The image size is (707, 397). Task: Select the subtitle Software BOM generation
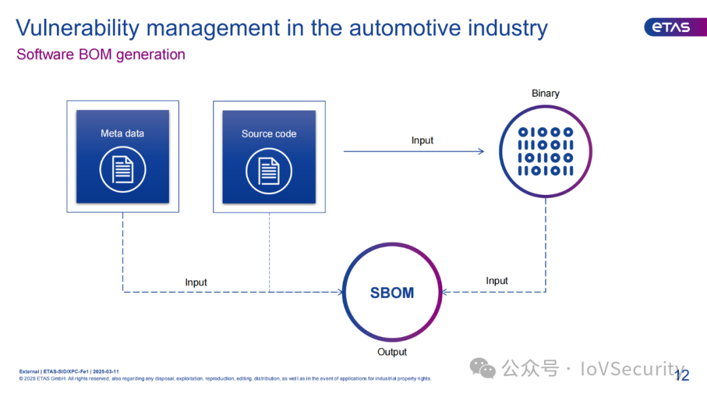pyautogui.click(x=101, y=55)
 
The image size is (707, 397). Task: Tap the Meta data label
pyautogui.click(x=122, y=133)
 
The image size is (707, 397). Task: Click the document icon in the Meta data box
pyautogui.click(x=122, y=169)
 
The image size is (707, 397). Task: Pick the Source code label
pyautogui.click(x=269, y=133)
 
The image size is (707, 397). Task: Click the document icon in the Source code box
pyautogui.click(x=269, y=171)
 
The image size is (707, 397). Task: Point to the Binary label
pyautogui.click(x=545, y=94)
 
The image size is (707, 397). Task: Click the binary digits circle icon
pyautogui.click(x=545, y=152)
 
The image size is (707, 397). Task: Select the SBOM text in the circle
pyautogui.click(x=392, y=293)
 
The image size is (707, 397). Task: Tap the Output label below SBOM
pyautogui.click(x=392, y=352)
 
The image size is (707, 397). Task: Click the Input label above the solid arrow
pyautogui.click(x=422, y=140)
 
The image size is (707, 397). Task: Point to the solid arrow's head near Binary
pyautogui.click(x=481, y=152)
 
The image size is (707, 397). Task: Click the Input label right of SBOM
pyautogui.click(x=497, y=281)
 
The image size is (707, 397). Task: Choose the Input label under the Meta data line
pyautogui.click(x=196, y=283)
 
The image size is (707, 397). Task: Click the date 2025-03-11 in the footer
pyautogui.click(x=106, y=371)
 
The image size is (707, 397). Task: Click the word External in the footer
pyautogui.click(x=29, y=371)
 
